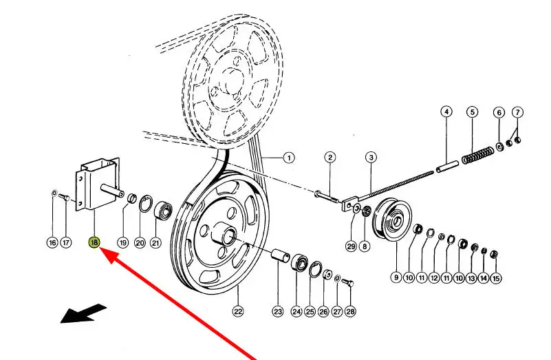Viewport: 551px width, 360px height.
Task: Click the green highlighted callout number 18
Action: [94, 242]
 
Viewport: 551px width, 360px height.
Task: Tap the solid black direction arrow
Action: [83, 314]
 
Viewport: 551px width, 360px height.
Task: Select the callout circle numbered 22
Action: [238, 311]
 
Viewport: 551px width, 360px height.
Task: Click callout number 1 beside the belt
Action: [289, 158]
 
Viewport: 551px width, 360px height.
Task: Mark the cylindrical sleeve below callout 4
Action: [447, 167]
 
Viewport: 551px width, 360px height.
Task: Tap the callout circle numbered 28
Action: [350, 311]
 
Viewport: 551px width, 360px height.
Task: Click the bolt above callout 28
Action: [347, 282]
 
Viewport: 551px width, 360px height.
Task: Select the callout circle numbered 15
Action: [496, 278]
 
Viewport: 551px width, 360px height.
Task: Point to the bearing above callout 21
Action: [163, 210]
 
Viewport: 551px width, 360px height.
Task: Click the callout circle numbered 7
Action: [517, 112]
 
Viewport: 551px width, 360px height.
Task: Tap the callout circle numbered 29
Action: [351, 246]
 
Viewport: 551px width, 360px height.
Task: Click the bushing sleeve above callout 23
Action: [281, 255]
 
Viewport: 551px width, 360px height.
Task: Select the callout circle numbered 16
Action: [52, 242]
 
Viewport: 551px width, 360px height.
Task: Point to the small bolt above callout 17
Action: [64, 197]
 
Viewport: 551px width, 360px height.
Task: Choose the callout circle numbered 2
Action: [330, 157]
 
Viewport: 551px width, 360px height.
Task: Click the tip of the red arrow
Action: [101, 248]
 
